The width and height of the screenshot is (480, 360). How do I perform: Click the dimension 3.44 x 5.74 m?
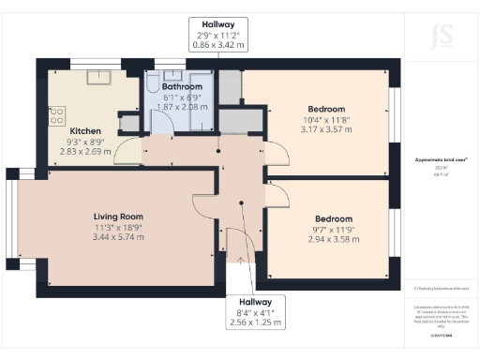point(118,237)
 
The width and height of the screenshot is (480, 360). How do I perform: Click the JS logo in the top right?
point(439,38)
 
